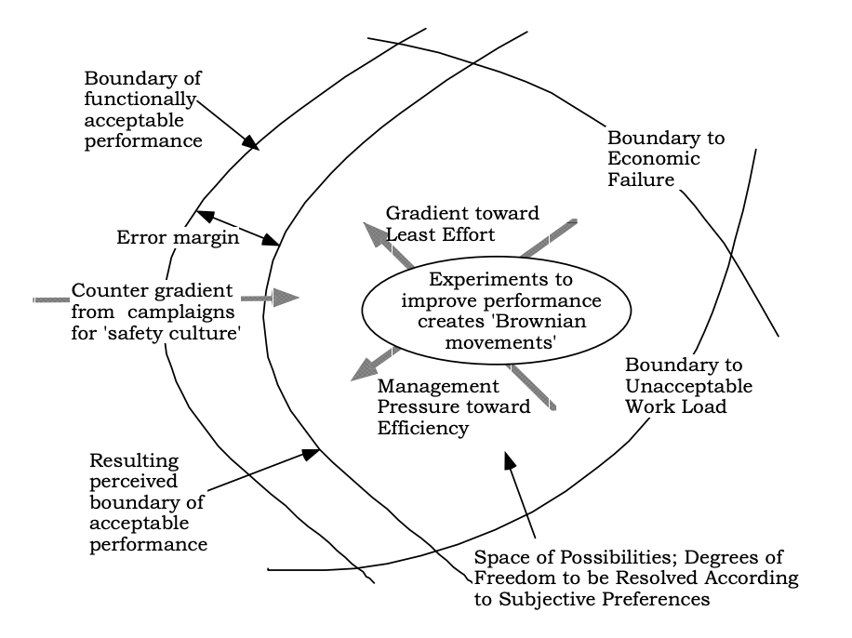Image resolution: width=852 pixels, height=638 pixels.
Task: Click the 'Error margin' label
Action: coord(178,237)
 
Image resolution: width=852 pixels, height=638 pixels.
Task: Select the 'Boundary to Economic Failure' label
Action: coord(666,159)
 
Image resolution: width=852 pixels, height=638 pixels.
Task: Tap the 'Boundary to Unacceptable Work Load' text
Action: coord(689,386)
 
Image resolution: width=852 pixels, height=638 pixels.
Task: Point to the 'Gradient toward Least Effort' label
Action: coord(462,224)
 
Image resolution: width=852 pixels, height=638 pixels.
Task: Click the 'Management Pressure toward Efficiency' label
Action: coord(454,407)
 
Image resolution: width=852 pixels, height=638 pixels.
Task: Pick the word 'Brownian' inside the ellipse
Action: coord(539,321)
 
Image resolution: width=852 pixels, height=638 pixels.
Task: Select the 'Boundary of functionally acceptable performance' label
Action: coord(143,110)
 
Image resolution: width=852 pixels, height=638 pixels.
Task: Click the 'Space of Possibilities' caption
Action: coord(636,578)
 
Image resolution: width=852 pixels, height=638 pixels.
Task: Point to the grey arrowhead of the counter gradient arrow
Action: coord(286,298)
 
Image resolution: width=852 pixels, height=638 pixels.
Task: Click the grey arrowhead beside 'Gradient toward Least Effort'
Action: coord(375,233)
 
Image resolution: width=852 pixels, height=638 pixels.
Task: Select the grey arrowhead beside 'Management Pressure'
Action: coord(364,370)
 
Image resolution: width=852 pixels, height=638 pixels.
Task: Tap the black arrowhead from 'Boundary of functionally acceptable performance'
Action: coord(251,143)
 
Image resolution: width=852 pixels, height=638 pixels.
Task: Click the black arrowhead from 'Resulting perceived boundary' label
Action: coord(311,454)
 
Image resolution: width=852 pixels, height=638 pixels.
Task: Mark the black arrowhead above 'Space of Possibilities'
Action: coord(509,461)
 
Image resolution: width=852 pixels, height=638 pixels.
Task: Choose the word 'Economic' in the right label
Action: coord(654,159)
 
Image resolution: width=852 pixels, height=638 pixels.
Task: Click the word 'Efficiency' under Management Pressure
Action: coord(422,428)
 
